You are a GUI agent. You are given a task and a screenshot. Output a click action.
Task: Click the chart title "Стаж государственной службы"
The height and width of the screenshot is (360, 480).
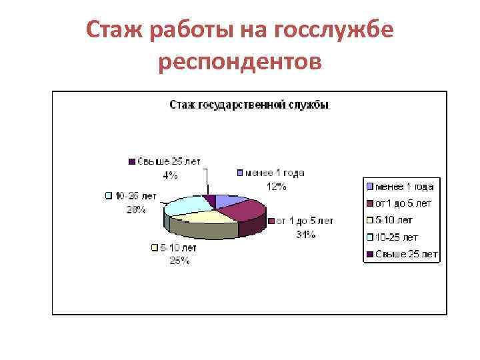click(x=249, y=105)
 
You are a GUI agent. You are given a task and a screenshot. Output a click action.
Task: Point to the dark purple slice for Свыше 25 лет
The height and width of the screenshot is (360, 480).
click(x=211, y=199)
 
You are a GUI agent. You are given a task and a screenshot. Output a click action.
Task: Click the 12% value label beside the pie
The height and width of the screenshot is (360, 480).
click(x=277, y=187)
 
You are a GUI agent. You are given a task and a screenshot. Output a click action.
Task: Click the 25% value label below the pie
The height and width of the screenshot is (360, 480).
click(x=179, y=261)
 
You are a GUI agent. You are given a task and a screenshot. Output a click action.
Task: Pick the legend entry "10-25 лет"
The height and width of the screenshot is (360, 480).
click(x=396, y=237)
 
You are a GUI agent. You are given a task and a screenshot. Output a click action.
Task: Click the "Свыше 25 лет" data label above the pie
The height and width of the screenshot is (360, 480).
click(x=169, y=162)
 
